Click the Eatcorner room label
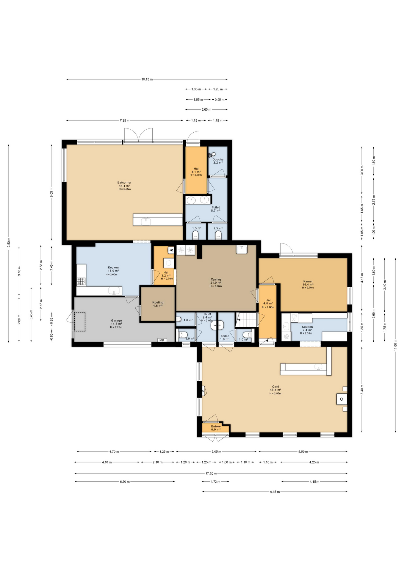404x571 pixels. tap(124, 185)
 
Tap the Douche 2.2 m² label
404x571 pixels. tap(218, 161)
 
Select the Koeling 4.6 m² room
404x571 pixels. tap(158, 304)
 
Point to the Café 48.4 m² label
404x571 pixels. tap(275, 389)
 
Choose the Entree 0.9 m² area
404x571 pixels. tap(216, 428)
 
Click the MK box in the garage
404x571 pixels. tap(162, 340)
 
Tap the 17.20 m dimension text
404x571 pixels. tap(211, 473)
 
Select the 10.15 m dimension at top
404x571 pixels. tap(147, 79)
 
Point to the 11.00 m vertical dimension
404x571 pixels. tap(395, 345)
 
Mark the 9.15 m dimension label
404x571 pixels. tap(275, 492)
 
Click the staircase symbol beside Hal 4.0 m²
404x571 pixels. tap(246, 320)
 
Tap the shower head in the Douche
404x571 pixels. tap(212, 154)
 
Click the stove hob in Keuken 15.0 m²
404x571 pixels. tap(81, 281)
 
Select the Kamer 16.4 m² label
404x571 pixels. tap(308, 284)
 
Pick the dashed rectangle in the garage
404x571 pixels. tap(80, 321)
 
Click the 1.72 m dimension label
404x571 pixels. tap(215, 481)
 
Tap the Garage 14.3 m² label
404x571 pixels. tap(116, 324)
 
